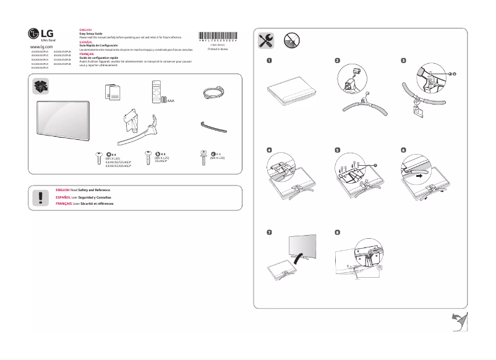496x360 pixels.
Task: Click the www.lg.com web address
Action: point(42,46)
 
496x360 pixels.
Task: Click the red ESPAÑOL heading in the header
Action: point(86,42)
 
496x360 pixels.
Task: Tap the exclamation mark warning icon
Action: point(41,197)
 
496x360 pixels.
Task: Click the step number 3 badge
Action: point(404,61)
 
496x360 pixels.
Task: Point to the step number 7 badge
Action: point(269,232)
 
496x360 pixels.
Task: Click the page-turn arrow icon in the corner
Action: point(458,323)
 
